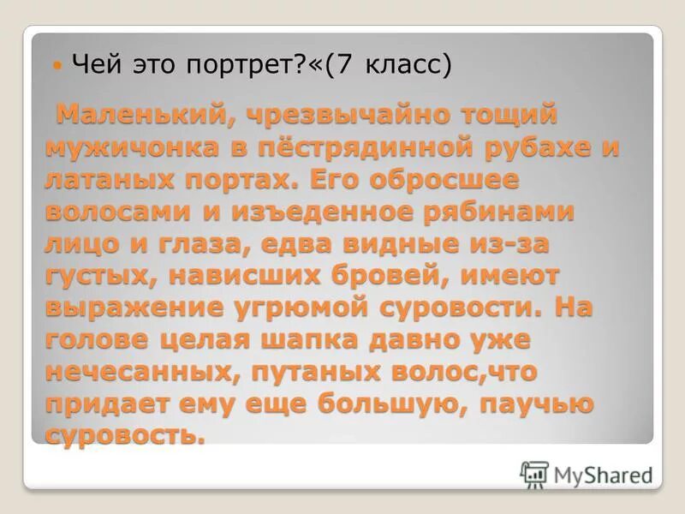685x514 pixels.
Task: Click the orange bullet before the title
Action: pyautogui.click(x=57, y=65)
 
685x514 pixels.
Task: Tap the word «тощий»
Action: pyautogui.click(x=510, y=113)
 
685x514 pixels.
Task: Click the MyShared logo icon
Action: pyautogui.click(x=534, y=474)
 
